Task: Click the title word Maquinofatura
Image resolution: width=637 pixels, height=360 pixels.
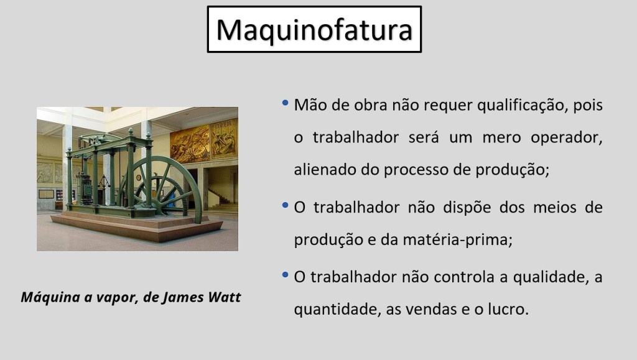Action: [314, 30]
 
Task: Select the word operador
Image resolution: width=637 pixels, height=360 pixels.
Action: [566, 138]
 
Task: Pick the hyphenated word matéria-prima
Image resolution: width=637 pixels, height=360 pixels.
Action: [457, 239]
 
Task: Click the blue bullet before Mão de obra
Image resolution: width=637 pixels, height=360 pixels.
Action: [285, 103]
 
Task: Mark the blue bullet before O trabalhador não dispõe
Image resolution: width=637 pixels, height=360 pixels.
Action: [285, 205]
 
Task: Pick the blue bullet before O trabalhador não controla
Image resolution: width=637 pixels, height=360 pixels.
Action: [285, 275]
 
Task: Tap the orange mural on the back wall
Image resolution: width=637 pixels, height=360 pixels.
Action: [203, 140]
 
